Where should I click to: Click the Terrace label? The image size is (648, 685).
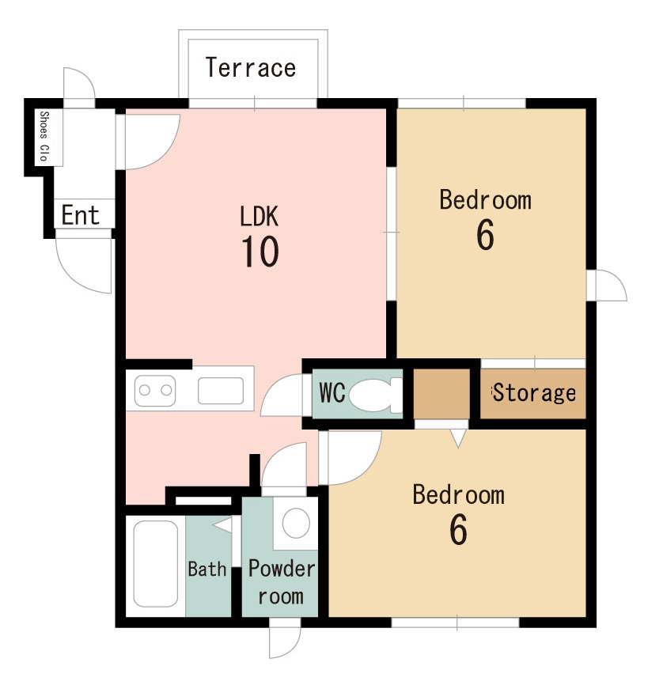pos(251,67)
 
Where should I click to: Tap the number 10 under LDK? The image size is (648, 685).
pos(260,252)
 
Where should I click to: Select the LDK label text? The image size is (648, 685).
pos(259,216)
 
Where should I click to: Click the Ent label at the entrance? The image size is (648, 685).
pos(81,214)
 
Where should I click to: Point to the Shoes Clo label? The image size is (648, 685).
pos(44,136)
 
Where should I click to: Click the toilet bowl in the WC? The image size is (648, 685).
pos(371,395)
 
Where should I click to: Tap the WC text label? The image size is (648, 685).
pos(332,393)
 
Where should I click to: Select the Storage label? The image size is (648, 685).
pos(534,393)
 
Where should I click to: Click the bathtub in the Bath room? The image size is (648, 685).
pos(156,563)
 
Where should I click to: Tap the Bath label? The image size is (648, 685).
pos(207,569)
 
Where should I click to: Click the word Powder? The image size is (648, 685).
pos(282,569)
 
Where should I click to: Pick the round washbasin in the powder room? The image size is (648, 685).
pos(296,523)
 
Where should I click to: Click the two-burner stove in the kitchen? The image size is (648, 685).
pos(155,391)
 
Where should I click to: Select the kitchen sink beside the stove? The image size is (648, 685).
pos(221,391)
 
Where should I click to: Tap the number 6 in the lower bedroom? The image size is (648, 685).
pos(458,528)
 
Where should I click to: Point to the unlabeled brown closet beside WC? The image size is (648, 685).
pos(441,394)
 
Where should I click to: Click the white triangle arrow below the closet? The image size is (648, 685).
pos(458,437)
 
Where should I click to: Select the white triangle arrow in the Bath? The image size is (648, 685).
pos(223,524)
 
